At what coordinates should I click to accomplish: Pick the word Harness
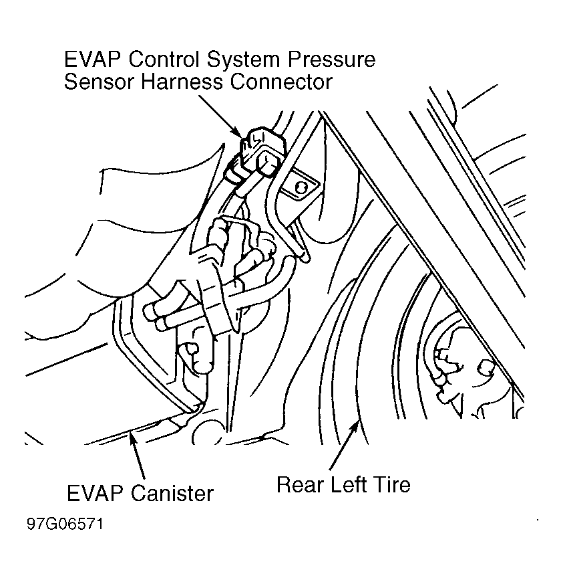(186, 82)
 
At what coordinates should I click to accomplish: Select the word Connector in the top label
(283, 82)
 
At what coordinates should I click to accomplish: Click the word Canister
(172, 494)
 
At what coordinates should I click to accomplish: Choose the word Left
(350, 484)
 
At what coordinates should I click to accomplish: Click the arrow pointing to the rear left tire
(345, 446)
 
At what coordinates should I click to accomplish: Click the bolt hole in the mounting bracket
(300, 187)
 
